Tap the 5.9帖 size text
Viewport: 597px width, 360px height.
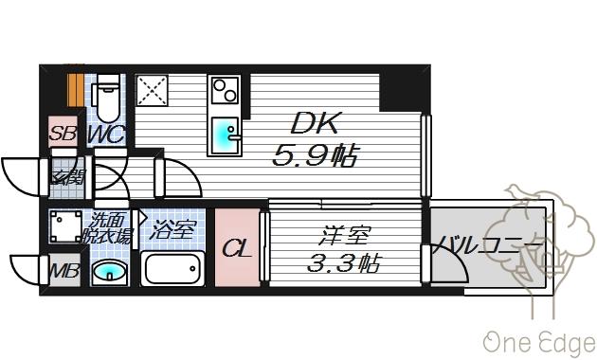tap(316, 155)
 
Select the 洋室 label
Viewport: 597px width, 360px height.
tap(338, 235)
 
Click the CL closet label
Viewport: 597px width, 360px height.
tap(236, 249)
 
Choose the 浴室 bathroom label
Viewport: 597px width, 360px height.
tap(172, 228)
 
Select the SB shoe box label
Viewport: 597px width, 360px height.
tap(63, 134)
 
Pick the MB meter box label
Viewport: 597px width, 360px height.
tap(63, 272)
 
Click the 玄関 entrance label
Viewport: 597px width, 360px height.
tap(66, 176)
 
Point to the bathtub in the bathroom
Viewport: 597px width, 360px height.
tap(172, 269)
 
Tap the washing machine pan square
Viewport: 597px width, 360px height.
tap(67, 227)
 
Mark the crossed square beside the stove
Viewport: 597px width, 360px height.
tap(152, 91)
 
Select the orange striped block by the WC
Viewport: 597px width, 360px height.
tap(76, 88)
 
